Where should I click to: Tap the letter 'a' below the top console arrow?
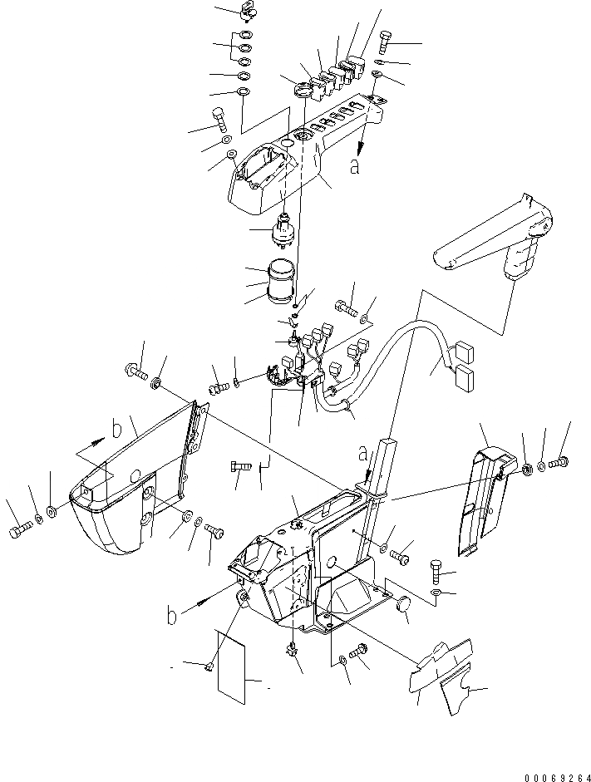355,166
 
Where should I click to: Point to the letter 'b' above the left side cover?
116,430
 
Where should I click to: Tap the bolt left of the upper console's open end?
219,120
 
